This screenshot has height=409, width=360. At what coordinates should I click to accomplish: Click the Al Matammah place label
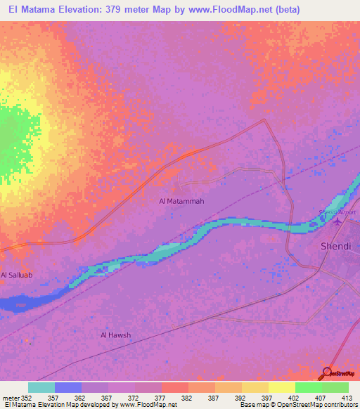(181, 201)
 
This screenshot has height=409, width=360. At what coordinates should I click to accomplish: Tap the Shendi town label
(335, 246)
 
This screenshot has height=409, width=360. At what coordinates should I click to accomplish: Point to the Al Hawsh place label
(115, 335)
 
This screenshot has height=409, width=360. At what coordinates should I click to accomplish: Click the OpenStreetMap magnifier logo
(328, 373)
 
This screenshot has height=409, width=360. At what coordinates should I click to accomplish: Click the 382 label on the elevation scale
(186, 397)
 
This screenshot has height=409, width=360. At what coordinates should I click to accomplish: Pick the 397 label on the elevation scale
(266, 397)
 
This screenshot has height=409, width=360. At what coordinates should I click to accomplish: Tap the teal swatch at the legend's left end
(41, 387)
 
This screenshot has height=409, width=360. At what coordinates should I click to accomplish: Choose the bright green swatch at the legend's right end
(335, 387)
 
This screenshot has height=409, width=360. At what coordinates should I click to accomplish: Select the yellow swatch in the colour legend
(281, 387)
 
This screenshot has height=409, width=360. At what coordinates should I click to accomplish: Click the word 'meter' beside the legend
(9, 397)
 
